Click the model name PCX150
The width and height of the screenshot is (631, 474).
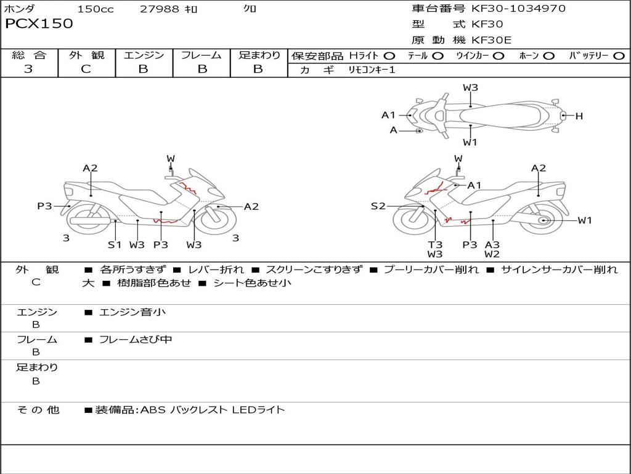pos(39,24)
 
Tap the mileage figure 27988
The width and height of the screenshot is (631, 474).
pos(160,9)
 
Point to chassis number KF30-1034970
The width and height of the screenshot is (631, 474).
pos(518,9)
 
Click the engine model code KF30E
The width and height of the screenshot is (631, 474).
pos(491,40)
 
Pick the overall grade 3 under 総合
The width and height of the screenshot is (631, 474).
pos(28,69)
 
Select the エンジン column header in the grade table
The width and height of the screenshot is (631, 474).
pos(144,55)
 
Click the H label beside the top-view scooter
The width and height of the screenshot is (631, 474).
pos(579,115)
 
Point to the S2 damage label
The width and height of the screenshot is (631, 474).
pos(378,206)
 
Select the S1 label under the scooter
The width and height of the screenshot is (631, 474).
pos(115,244)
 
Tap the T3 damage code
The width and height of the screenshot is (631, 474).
pos(435,244)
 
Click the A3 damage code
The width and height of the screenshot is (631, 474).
pos(492,244)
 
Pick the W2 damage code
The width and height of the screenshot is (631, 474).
pos(492,254)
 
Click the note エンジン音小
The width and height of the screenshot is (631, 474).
pos(132,312)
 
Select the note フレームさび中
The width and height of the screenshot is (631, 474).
pos(136,339)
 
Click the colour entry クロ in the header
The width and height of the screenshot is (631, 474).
pos(250,9)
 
